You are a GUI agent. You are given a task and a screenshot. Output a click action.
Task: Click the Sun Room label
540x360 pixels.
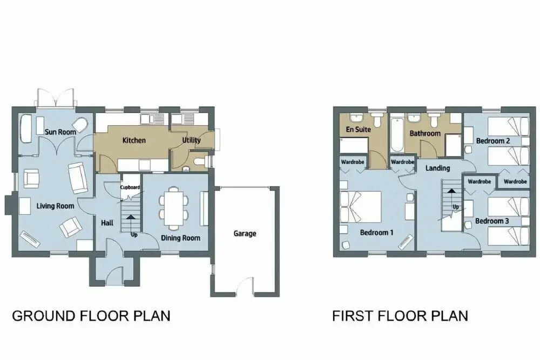(60, 132)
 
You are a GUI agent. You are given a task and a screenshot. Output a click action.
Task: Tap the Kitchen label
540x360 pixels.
(134, 140)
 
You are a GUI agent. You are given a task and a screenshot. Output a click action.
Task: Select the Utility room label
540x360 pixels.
(191, 140)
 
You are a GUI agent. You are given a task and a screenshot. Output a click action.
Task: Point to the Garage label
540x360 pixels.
(245, 233)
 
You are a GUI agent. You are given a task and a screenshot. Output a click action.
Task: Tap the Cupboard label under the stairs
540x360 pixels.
(130, 187)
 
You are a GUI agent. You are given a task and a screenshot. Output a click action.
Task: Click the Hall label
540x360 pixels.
(107, 223)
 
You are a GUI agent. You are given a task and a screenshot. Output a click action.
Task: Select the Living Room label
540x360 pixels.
(55, 206)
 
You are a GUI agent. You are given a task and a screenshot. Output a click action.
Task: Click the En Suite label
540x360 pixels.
(358, 130)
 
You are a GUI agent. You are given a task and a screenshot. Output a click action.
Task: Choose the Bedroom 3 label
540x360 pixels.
(492, 221)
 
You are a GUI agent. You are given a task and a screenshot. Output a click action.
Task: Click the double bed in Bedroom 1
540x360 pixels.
(361, 207)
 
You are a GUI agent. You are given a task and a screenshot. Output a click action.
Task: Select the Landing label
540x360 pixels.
(437, 168)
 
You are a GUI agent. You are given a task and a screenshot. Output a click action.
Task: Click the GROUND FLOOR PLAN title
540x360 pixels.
(91, 316)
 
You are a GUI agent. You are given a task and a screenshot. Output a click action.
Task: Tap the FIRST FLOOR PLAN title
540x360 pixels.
(400, 316)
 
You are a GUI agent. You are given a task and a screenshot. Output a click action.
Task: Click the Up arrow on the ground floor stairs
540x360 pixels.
(131, 218)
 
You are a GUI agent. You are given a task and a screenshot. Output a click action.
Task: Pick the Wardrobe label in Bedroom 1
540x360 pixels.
(353, 162)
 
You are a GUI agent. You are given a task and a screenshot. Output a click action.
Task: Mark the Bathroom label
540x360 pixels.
(425, 133)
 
